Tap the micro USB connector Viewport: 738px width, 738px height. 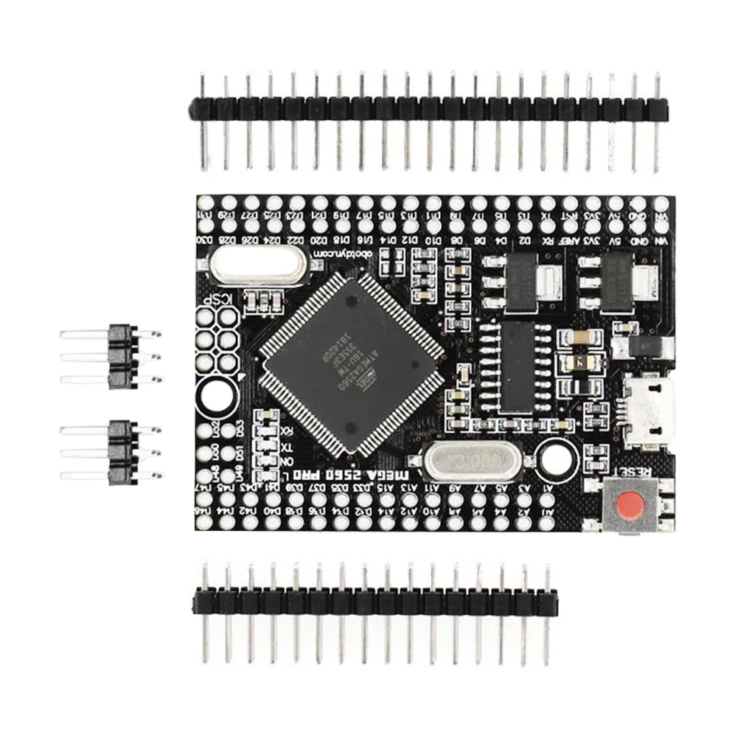[x=649, y=411]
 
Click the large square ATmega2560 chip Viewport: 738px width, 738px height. [x=352, y=362]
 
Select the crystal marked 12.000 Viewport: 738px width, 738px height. [x=473, y=463]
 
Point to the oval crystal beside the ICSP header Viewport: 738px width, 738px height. [x=255, y=263]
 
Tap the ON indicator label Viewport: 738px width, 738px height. [x=288, y=462]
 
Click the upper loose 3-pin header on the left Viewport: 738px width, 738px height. [x=118, y=357]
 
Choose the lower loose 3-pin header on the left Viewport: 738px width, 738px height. [x=118, y=452]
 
